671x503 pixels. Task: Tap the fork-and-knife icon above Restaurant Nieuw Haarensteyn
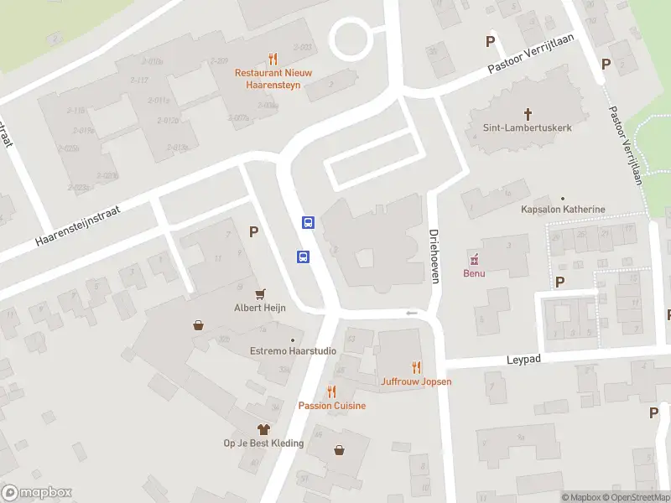pos(273,60)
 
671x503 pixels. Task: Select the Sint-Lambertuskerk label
pos(528,128)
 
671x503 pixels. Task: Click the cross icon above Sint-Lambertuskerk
pos(528,113)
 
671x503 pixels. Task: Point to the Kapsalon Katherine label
pos(563,210)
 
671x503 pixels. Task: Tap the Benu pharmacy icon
pos(475,258)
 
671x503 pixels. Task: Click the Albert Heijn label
pos(260,308)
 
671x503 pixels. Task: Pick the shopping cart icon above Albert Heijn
pos(260,293)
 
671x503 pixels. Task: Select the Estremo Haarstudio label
pos(293,351)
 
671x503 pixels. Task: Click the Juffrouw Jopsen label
pos(416,381)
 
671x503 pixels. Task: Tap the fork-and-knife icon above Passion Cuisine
pos(332,392)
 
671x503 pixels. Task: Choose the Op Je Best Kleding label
pos(263,443)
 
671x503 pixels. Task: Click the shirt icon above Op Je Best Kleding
pos(263,428)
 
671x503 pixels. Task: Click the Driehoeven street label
pos(434,256)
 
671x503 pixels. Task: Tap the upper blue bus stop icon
pos(308,223)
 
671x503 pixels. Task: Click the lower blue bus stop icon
pos(302,257)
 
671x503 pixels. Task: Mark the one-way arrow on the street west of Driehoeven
pos(411,314)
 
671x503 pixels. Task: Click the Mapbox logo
pos(37,493)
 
